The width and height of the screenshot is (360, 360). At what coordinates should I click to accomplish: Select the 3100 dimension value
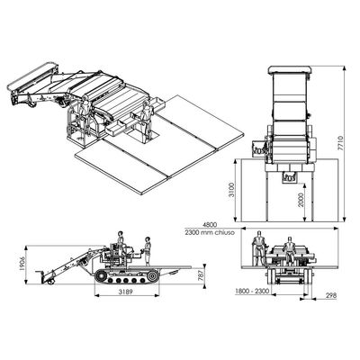click(x=231, y=190)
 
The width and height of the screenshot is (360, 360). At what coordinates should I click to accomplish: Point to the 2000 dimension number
click(x=301, y=200)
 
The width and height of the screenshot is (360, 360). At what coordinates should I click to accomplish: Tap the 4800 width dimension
click(x=210, y=225)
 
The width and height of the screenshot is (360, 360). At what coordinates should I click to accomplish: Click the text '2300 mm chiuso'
click(x=210, y=232)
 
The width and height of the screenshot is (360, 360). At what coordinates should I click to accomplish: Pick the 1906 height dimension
click(x=22, y=264)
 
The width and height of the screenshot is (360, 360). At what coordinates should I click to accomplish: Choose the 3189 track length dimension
click(x=125, y=291)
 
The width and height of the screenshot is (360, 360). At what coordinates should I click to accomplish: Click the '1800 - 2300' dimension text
click(x=252, y=291)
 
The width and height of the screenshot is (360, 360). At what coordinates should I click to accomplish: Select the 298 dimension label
click(x=330, y=294)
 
